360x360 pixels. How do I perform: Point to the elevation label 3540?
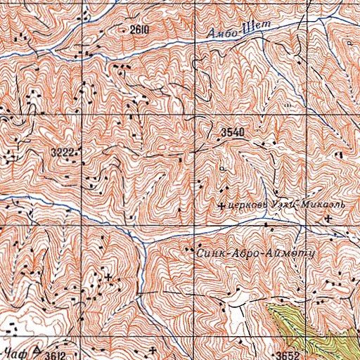point(232,132)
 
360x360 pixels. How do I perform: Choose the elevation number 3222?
point(63,151)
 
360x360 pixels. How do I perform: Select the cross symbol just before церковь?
point(223,206)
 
